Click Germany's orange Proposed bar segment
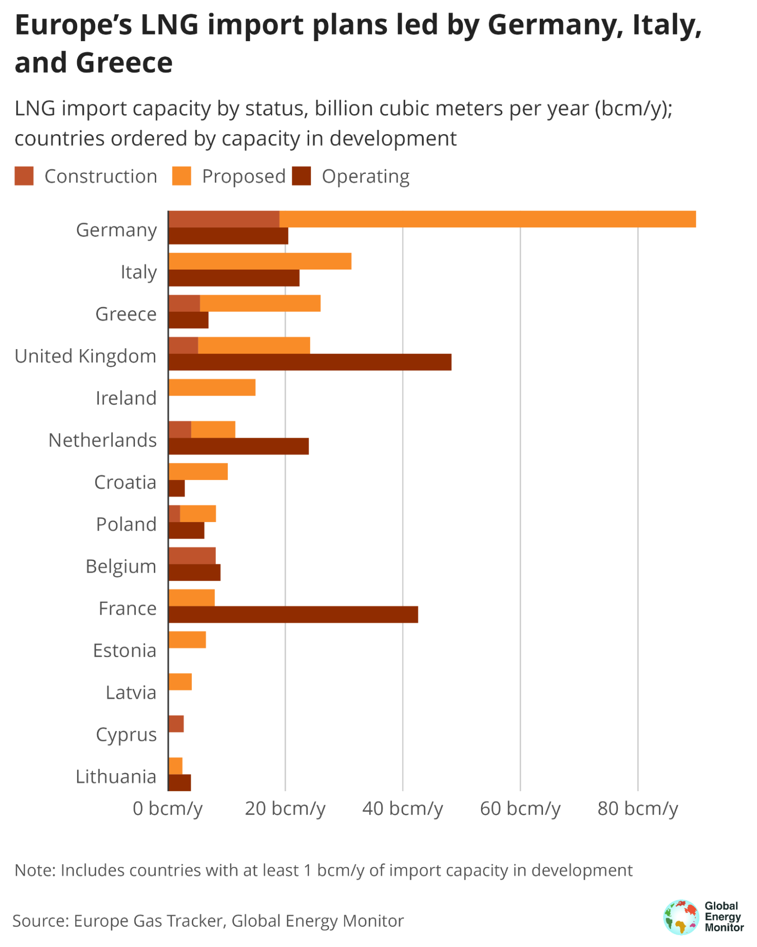[x=487, y=219]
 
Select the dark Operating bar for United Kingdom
[x=310, y=362]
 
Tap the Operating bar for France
[x=293, y=614]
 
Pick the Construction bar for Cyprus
[x=176, y=723]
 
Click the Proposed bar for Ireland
[x=212, y=387]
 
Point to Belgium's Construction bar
[x=192, y=555]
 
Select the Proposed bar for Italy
[x=260, y=261]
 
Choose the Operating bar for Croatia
[x=177, y=488]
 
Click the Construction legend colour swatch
[x=24, y=176]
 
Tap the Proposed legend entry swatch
[x=181, y=176]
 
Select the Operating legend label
[x=365, y=176]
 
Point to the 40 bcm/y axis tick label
[x=402, y=808]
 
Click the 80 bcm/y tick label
[x=637, y=808]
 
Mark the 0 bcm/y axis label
[x=168, y=808]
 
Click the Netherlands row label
[x=102, y=440]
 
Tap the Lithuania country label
[x=116, y=776]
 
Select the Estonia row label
[x=125, y=650]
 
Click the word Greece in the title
[x=124, y=63]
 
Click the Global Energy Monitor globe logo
[x=681, y=917]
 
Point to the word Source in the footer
[x=40, y=920]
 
